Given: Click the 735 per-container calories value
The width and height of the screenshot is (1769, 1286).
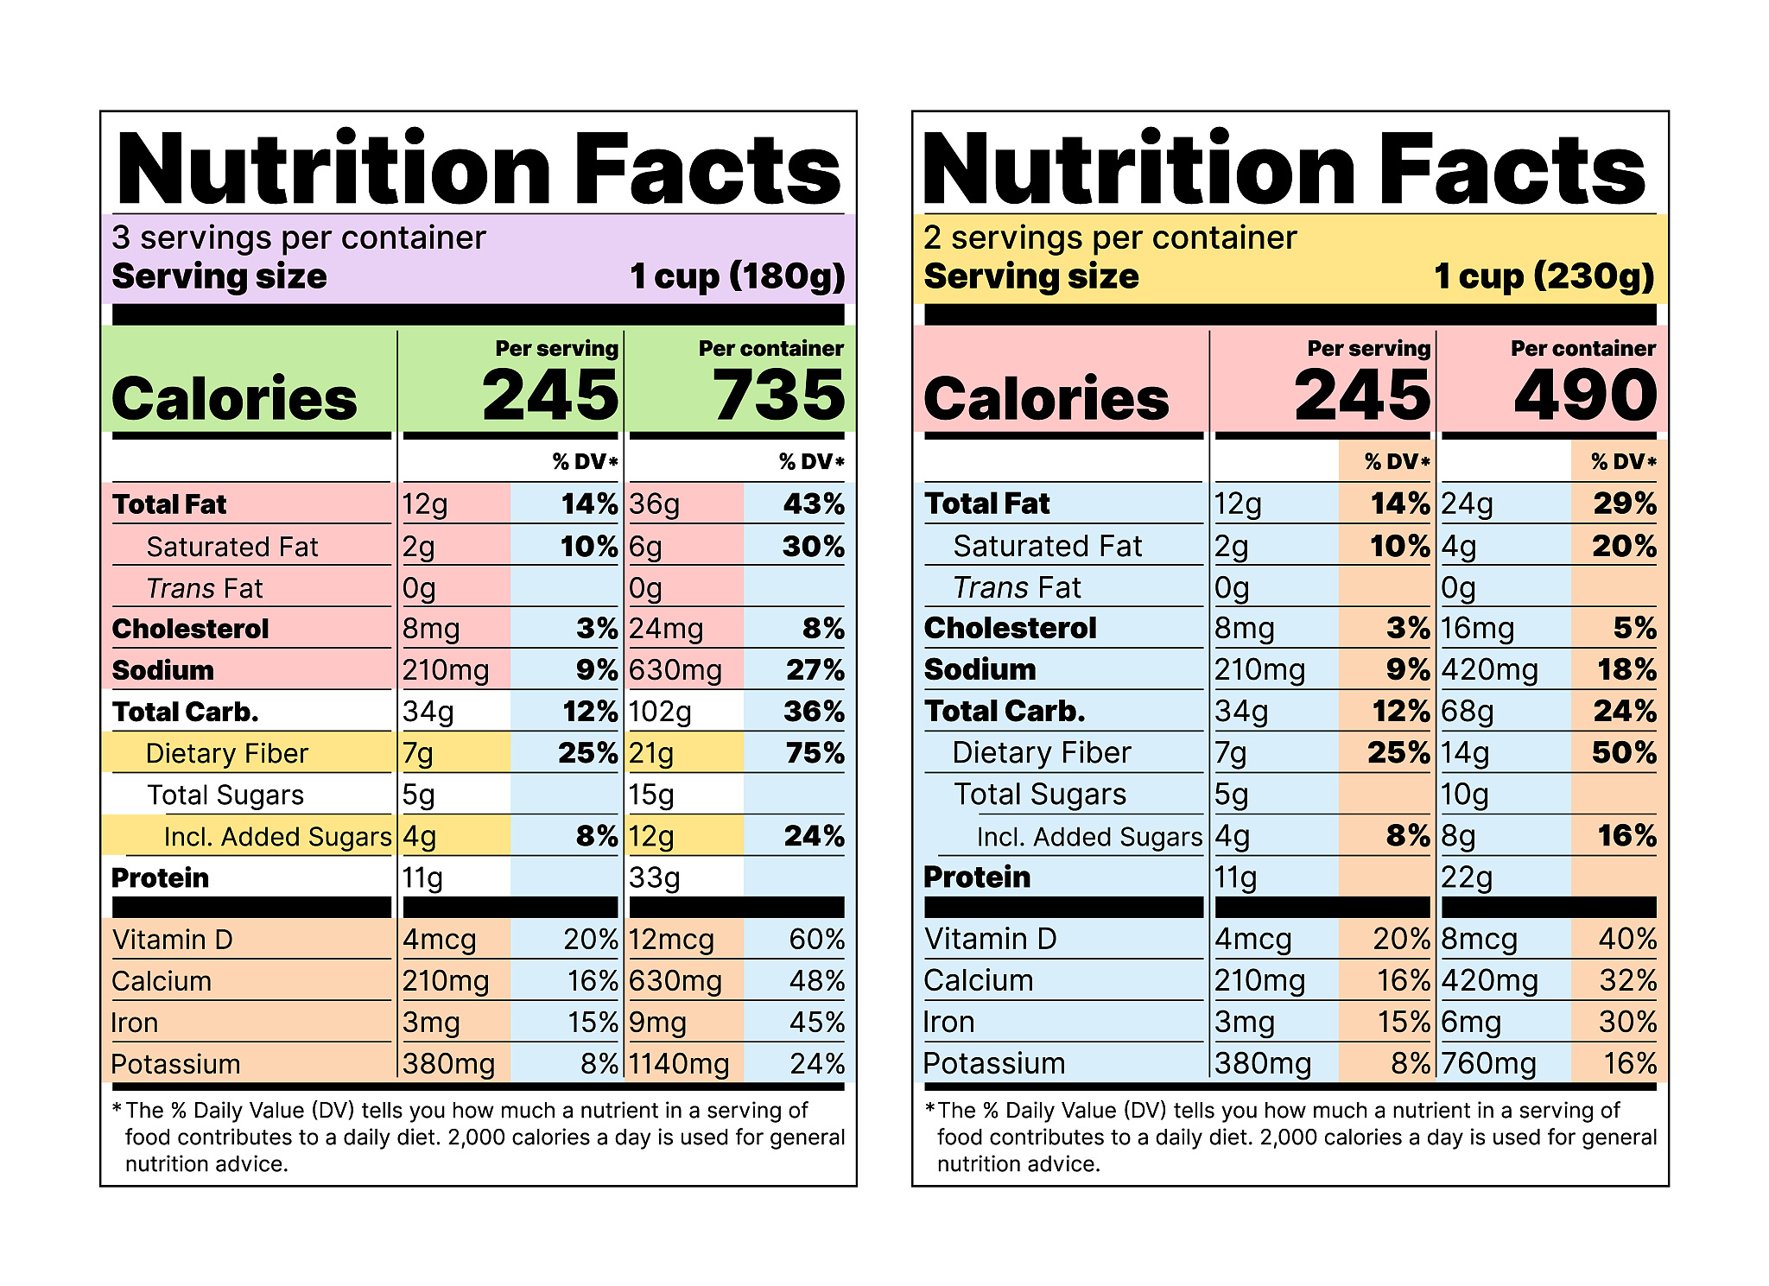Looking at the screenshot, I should (778, 396).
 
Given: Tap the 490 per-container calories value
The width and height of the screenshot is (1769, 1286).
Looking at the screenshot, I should (1586, 396).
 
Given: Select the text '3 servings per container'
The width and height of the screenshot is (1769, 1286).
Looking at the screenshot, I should (299, 238).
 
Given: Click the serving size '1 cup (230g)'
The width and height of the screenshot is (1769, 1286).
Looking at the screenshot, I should (1544, 276).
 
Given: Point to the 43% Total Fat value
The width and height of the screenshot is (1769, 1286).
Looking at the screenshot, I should (814, 504).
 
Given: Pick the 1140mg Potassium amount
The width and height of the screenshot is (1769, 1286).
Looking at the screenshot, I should (679, 1064).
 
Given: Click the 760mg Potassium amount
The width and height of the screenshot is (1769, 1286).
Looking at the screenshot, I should (1488, 1063).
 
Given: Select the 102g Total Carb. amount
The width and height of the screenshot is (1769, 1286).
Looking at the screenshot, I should (661, 712).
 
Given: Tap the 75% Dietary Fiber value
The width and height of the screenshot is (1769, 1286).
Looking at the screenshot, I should (815, 753).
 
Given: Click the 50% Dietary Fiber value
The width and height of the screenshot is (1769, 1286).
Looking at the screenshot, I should (1624, 752).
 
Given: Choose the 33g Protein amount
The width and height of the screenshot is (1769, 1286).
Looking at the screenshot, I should (655, 877).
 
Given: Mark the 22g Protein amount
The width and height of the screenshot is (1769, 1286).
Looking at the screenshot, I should (1467, 877).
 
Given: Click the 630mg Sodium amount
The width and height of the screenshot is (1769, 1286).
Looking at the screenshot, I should (675, 670).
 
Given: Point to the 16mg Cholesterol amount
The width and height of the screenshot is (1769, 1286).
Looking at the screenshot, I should (1477, 629).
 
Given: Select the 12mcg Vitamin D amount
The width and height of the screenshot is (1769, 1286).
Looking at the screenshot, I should (671, 940).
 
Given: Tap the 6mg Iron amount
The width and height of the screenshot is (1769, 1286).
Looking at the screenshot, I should (1471, 1023).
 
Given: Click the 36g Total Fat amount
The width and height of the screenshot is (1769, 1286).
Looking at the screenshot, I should (654, 504).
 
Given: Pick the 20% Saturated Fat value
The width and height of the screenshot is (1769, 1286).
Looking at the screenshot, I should (1624, 546).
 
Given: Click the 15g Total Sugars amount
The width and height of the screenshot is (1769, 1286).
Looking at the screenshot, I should (651, 795).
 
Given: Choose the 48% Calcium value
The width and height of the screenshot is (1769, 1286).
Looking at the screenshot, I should (816, 981).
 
